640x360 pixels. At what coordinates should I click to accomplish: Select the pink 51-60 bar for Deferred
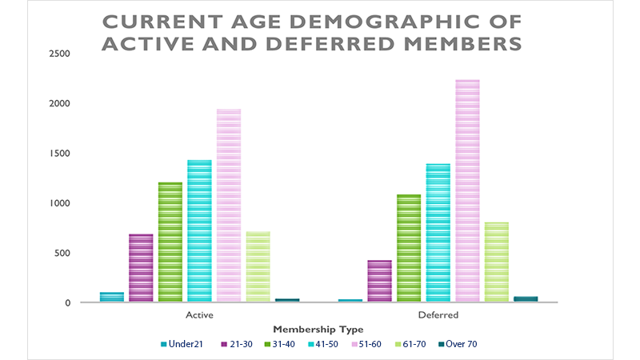[467, 191]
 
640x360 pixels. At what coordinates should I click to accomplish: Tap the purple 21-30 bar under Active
[141, 268]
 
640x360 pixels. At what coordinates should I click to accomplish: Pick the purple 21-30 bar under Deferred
[379, 282]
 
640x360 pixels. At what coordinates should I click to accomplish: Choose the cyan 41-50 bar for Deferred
[438, 233]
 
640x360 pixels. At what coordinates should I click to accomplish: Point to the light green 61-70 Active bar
[258, 267]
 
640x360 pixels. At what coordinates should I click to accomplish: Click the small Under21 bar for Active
[112, 298]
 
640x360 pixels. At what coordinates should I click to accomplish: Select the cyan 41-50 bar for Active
[199, 231]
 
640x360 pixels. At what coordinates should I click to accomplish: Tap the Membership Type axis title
[318, 330]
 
